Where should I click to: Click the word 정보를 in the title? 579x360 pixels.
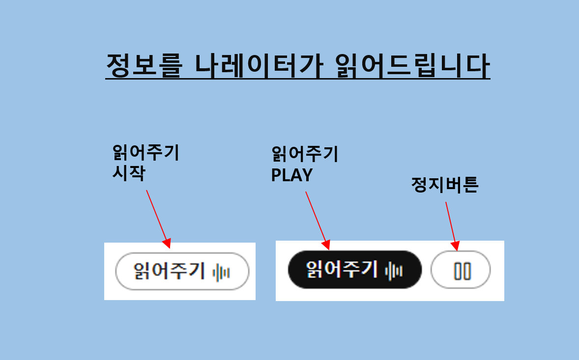click(x=145, y=65)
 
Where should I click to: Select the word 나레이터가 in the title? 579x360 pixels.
click(x=259, y=65)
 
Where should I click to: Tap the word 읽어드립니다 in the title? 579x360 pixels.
click(x=412, y=65)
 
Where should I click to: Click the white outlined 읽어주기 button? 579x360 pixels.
click(x=182, y=272)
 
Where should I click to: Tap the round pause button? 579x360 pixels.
click(x=461, y=270)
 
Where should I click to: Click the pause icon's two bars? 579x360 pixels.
click(x=463, y=271)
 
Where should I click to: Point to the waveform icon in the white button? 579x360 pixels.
click(x=221, y=273)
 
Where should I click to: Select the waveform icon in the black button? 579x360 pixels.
click(x=394, y=272)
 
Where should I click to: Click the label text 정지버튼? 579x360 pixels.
click(x=445, y=185)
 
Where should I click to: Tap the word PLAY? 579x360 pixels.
click(x=292, y=175)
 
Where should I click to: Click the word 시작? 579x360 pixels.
click(x=129, y=172)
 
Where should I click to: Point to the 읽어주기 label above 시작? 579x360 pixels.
click(x=146, y=152)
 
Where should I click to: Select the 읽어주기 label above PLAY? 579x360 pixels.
click(x=305, y=154)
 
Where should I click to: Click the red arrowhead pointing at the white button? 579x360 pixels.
click(x=167, y=243)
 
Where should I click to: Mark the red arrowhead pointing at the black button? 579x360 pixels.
click(x=325, y=245)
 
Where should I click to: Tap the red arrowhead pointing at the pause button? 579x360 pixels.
click(x=455, y=246)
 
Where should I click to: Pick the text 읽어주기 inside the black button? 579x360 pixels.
click(x=342, y=270)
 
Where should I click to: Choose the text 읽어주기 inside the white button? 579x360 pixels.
click(x=169, y=271)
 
